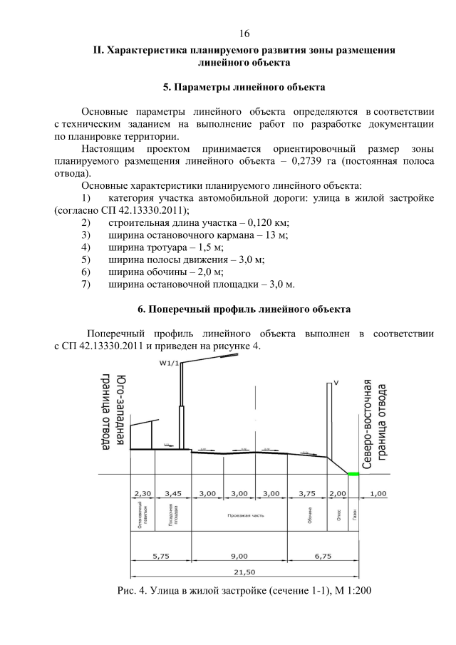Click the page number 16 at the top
point(244,33)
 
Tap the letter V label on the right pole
point(336,383)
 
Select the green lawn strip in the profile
point(353,474)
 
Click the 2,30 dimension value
point(142,493)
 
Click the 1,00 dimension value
point(378,493)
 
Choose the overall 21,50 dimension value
point(242,572)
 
